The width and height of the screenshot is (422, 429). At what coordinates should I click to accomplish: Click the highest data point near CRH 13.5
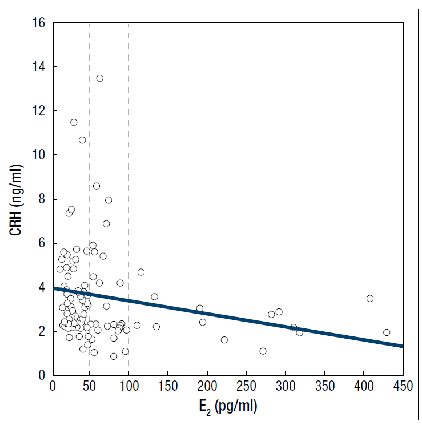point(99,78)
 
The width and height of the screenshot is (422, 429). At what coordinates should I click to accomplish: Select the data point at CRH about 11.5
point(74,122)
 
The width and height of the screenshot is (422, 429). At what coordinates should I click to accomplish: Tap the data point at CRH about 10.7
point(82,140)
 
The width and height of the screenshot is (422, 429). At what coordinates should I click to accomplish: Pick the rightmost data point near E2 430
point(387,332)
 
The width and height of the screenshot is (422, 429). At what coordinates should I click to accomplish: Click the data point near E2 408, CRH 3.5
point(370,298)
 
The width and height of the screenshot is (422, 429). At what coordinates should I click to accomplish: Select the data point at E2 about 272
point(263,351)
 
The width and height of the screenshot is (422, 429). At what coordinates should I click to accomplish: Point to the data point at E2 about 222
point(224,340)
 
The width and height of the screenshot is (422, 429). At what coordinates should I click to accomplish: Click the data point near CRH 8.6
point(97,186)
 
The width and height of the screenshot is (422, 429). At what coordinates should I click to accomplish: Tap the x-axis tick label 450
point(403,386)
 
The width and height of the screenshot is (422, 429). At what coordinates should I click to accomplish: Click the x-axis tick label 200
point(208,386)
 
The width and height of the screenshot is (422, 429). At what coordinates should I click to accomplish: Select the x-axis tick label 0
point(53,386)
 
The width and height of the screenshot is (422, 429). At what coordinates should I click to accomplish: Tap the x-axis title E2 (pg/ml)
point(227,407)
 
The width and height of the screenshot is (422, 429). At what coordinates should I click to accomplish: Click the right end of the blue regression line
point(401,346)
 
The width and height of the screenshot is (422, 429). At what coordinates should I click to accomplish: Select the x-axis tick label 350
point(325,386)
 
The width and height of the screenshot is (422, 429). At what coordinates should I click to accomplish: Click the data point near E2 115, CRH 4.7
point(141,272)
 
